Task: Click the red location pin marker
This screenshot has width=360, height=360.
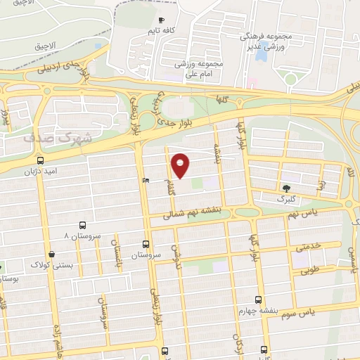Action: pos(181,165)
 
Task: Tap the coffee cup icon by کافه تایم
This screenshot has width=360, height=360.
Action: pos(162,20)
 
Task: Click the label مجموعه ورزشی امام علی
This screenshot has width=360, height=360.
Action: pos(200,68)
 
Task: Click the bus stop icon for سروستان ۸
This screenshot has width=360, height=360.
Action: pos(83,226)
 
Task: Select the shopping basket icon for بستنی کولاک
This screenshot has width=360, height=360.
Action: pos(51,255)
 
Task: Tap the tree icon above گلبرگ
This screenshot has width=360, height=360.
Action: pos(285,188)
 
